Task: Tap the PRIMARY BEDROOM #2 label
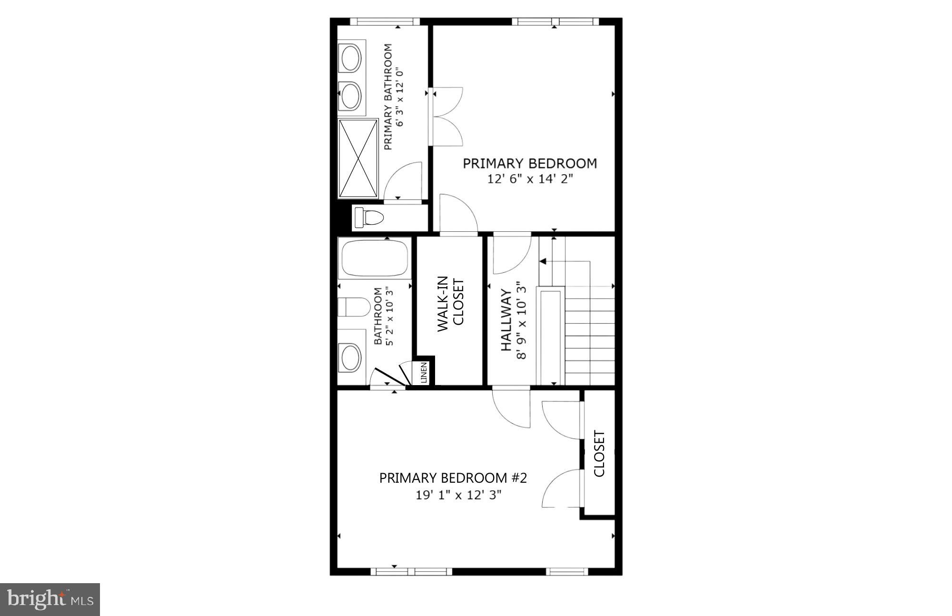click(x=453, y=478)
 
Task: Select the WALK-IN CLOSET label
click(x=450, y=304)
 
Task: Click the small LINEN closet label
click(x=424, y=373)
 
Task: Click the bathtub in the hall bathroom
click(x=374, y=258)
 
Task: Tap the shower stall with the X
click(x=358, y=159)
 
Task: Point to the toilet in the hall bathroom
click(x=353, y=307)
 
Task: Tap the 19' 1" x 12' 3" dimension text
click(x=459, y=495)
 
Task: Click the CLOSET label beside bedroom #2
click(x=599, y=454)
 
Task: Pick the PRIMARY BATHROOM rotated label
click(x=388, y=97)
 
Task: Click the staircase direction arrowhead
click(x=543, y=261)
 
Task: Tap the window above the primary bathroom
click(x=385, y=21)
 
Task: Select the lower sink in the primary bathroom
click(x=351, y=95)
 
